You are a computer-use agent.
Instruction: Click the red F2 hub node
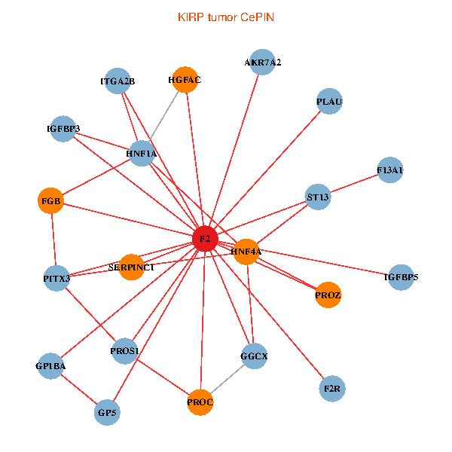205,239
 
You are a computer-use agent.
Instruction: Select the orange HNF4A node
246,252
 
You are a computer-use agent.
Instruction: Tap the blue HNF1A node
142,153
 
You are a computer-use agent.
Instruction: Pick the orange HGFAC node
185,80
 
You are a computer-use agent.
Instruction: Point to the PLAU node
330,102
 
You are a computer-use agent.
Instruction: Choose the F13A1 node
390,171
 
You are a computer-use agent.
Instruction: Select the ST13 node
319,197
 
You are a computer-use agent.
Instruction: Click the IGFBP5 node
401,278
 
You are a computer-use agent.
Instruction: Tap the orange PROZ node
328,295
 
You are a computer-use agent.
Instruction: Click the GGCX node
254,356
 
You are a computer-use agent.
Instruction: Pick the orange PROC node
200,402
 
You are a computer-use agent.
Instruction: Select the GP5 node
108,412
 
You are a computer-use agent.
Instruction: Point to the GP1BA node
50,366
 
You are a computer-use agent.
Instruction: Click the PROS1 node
124,351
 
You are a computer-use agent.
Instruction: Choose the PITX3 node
56,279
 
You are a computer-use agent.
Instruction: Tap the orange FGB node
51,201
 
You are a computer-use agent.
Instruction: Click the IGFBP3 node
63,129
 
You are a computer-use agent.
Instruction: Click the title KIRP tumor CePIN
225,17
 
